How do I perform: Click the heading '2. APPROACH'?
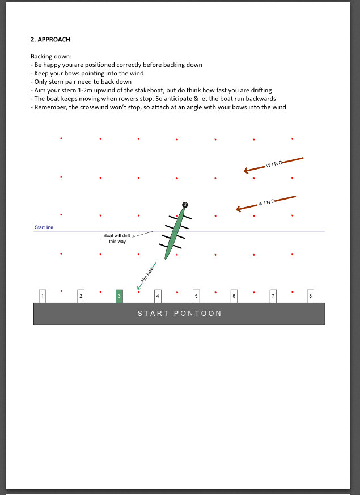[50, 40]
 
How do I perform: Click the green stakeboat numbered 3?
[119, 296]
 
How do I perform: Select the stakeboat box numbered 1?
[43, 296]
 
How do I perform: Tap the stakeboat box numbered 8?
[310, 296]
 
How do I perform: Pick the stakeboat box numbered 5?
[196, 296]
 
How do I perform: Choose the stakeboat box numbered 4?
[158, 296]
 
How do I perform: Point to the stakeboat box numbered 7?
[273, 296]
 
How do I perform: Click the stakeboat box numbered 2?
[81, 296]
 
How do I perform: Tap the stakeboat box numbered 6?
[234, 296]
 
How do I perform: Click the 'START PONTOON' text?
[179, 314]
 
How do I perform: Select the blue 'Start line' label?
[44, 227]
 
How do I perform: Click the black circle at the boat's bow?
[185, 204]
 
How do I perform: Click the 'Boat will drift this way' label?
[117, 238]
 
